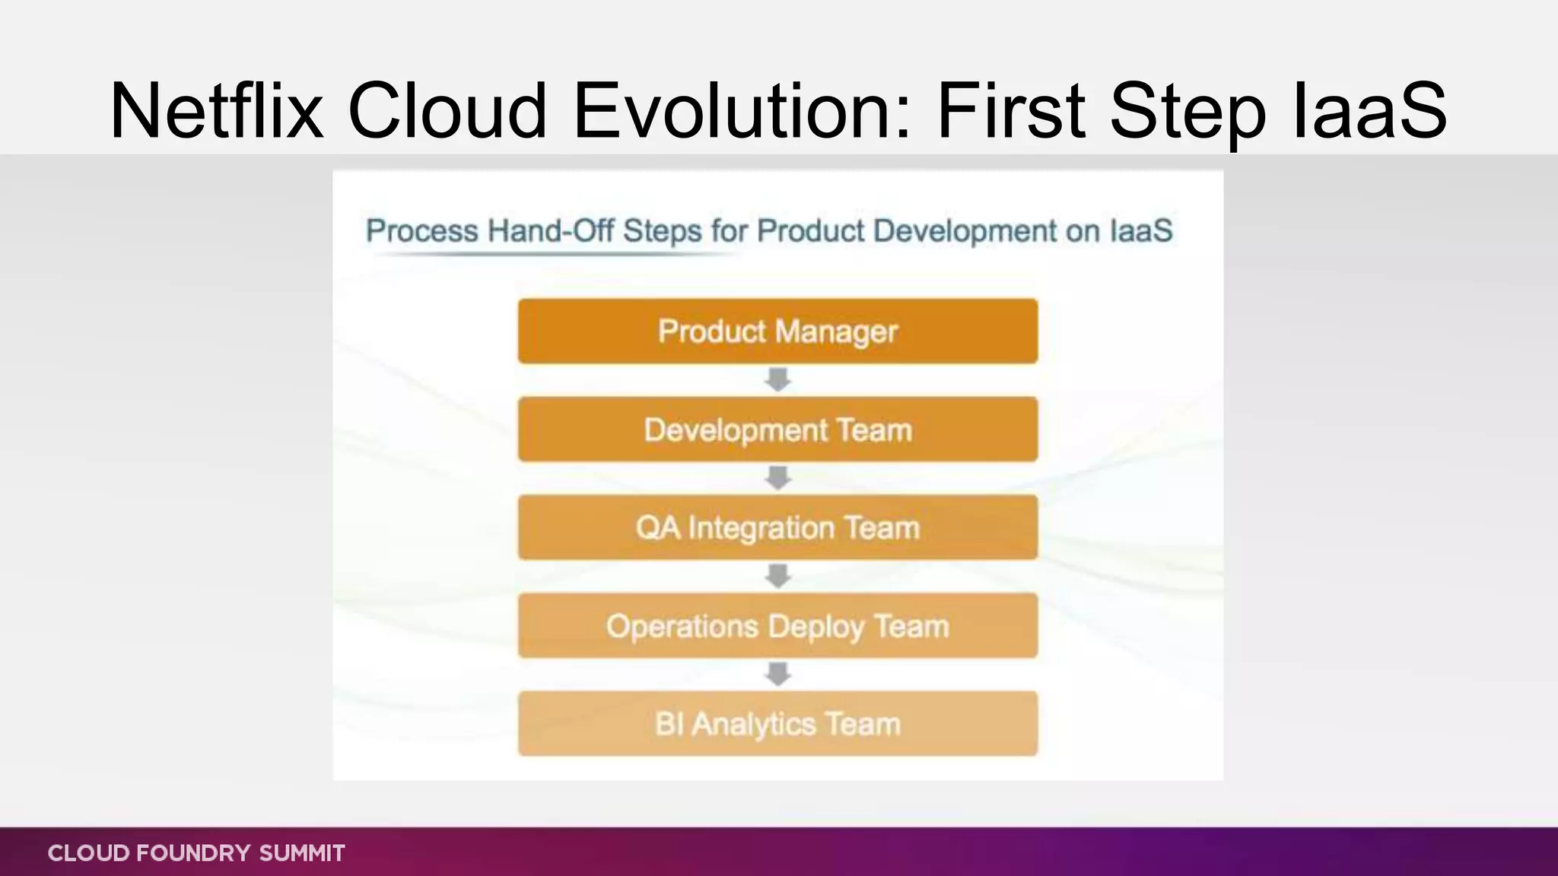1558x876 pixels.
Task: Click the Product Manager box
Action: point(777,331)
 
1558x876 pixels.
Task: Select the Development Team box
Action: point(777,429)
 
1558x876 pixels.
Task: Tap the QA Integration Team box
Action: point(777,527)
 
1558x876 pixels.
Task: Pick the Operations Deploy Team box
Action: point(777,625)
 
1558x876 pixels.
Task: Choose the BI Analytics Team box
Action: point(777,723)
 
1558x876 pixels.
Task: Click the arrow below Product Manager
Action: point(777,379)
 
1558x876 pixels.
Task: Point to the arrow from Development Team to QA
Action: point(777,478)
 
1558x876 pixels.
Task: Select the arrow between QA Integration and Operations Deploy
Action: point(777,576)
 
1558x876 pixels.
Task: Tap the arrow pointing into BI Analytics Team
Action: point(777,674)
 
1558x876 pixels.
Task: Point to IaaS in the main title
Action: point(1369,111)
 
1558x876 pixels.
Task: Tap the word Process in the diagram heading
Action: point(421,230)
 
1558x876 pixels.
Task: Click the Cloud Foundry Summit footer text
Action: point(196,852)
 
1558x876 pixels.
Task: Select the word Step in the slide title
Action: point(1188,111)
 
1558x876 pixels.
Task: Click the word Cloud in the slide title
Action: point(447,111)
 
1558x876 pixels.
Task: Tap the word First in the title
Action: point(1010,111)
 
